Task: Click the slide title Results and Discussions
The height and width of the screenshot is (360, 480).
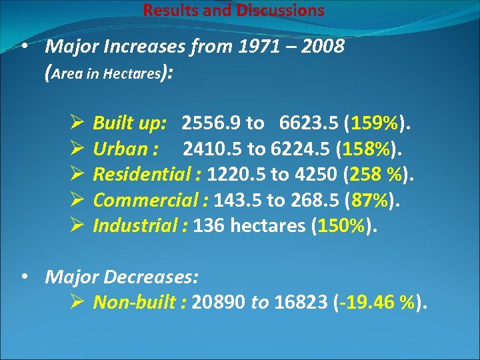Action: pyautogui.click(x=234, y=11)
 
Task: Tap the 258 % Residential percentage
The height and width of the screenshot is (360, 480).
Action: pyautogui.click(x=376, y=175)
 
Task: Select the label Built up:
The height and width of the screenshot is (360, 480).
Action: pyautogui.click(x=130, y=123)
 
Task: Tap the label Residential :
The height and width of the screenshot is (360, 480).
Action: pyautogui.click(x=147, y=175)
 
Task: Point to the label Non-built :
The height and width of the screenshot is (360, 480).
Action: pyautogui.click(x=139, y=303)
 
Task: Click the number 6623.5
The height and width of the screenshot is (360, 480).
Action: pyautogui.click(x=306, y=123)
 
